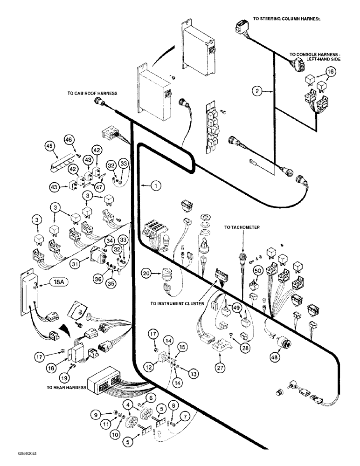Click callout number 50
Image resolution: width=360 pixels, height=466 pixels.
click(x=256, y=271)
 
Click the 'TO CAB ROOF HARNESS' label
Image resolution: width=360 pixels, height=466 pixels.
click(x=91, y=93)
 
